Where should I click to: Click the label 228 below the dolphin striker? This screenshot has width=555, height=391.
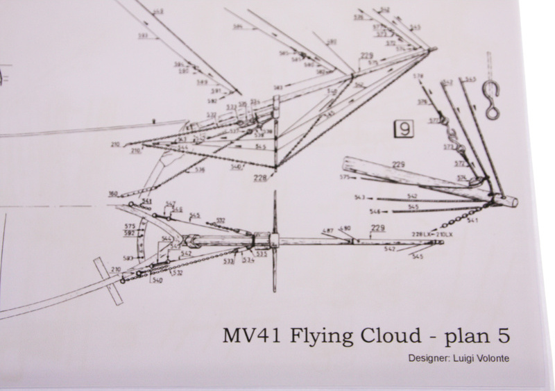click(260, 178)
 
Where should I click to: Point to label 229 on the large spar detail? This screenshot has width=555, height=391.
click(398, 165)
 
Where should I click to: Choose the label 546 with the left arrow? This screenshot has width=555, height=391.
click(375, 211)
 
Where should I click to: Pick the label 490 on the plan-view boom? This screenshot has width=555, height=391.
click(345, 228)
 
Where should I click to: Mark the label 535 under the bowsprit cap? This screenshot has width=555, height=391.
click(262, 254)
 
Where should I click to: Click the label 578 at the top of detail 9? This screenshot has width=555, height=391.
click(418, 76)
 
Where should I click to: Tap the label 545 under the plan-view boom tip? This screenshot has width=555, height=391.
click(418, 258)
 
